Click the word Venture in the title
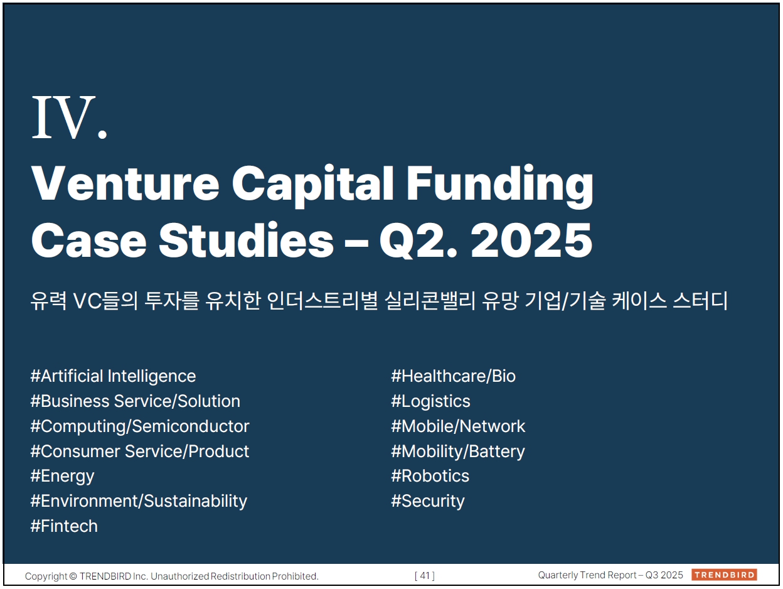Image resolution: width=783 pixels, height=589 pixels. point(125,183)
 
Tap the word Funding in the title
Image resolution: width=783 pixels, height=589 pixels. point(500,186)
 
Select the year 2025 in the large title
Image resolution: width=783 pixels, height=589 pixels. point(531,240)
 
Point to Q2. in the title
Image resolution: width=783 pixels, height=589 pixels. point(418,240)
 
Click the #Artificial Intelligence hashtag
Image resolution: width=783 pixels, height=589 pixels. point(113,376)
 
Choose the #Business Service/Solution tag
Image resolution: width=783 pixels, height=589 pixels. point(135,401)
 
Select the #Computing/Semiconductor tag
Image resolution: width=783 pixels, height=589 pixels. point(140,426)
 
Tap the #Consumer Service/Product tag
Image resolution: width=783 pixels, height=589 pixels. point(139,451)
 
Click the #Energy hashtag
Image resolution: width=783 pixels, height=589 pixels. point(62,477)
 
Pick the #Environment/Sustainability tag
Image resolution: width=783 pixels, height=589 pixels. point(139,502)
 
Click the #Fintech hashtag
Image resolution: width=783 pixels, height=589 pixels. point(64,526)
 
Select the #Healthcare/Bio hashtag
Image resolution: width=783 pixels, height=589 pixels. point(454,376)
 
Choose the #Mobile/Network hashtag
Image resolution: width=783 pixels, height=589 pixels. point(458,426)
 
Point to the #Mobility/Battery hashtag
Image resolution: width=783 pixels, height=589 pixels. point(458,451)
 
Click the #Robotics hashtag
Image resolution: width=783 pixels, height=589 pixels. point(430,476)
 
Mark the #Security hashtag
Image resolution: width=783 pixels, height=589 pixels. point(428,502)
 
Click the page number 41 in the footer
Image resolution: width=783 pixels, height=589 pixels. point(425,575)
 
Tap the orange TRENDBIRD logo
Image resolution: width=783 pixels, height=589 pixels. point(724,575)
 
